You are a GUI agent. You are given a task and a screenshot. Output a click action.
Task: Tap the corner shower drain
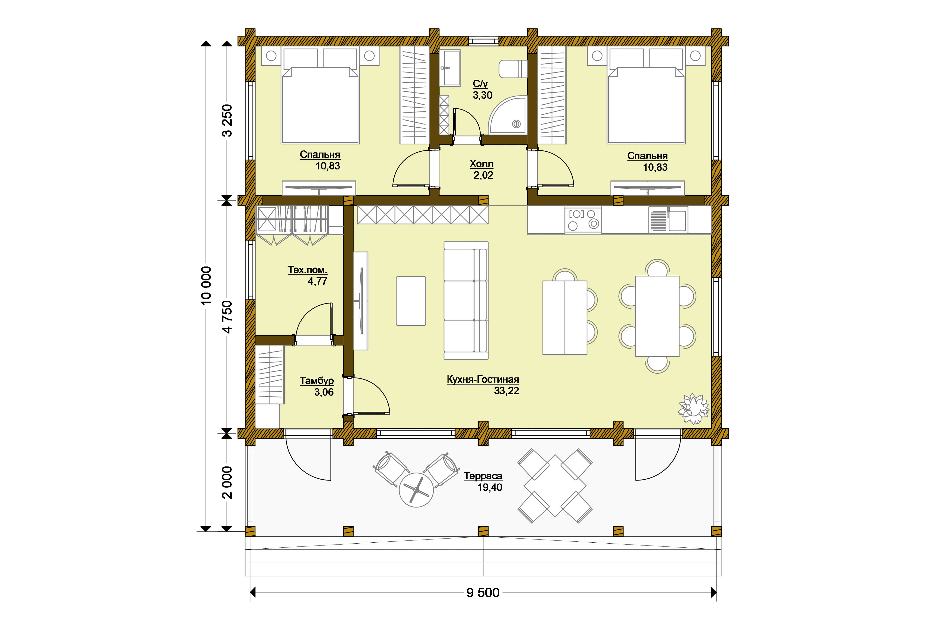[x=516, y=124]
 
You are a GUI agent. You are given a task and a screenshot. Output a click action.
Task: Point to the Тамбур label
[x=317, y=381]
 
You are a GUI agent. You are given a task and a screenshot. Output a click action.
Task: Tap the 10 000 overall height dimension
[x=206, y=286]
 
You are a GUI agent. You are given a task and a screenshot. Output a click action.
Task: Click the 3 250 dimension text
[x=227, y=121]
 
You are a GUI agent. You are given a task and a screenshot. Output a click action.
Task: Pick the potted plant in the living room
[x=694, y=409]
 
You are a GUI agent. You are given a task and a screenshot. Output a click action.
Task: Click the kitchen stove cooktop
[x=583, y=220]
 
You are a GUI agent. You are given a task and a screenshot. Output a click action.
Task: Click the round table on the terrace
[x=416, y=490]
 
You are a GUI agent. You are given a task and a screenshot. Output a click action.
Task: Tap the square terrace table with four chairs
[x=555, y=486]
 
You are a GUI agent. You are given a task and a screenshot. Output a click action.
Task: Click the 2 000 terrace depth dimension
[x=227, y=482]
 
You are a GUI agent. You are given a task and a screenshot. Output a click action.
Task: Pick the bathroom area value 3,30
[x=482, y=95]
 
